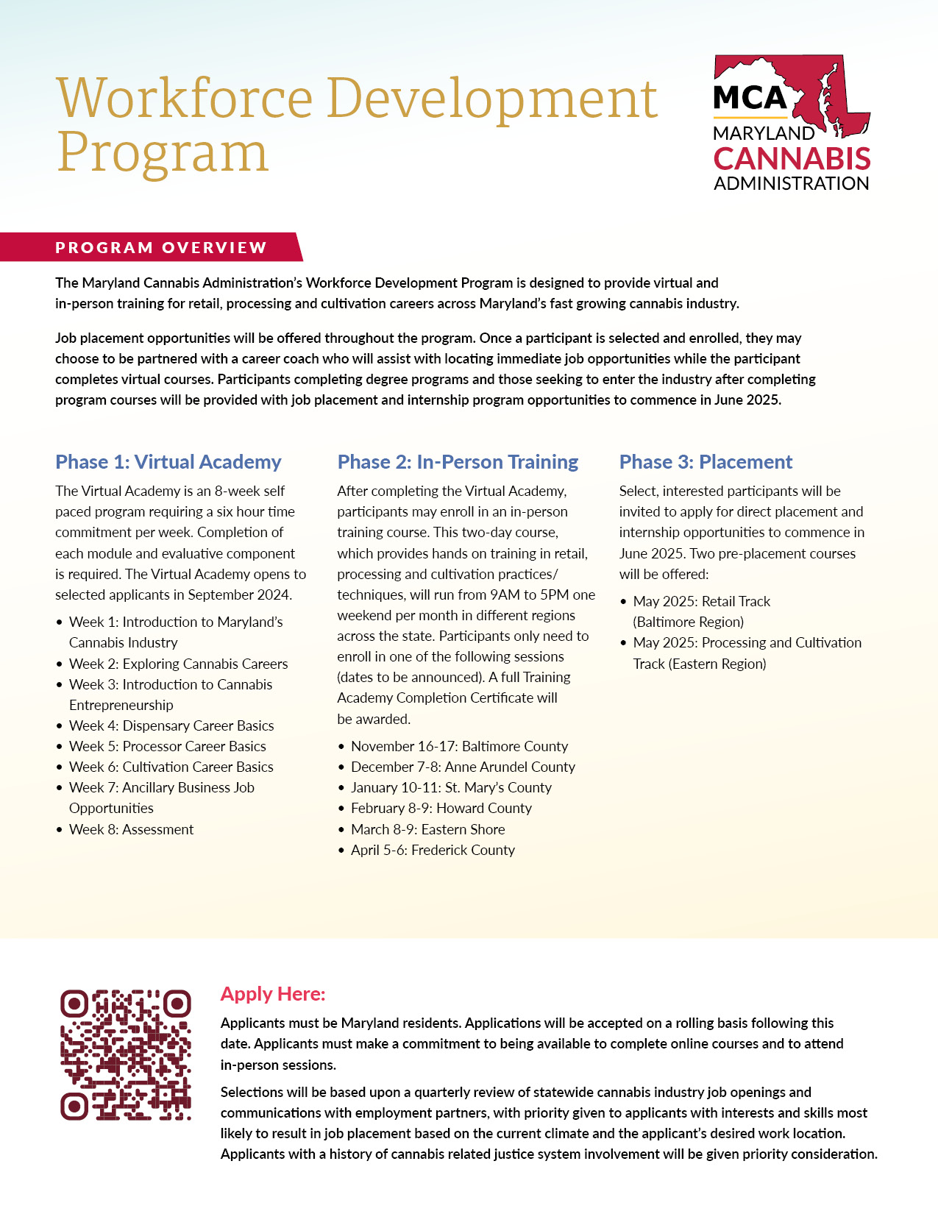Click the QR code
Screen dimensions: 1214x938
pos(126,1055)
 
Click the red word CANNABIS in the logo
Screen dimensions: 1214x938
pos(792,159)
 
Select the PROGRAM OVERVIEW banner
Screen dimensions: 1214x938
pos(161,247)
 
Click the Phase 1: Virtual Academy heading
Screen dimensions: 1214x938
pos(168,462)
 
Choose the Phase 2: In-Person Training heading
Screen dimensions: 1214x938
pos(458,462)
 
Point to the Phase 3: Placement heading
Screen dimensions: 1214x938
pos(706,462)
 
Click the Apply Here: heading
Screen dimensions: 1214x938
pos(273,994)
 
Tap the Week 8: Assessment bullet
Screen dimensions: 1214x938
pos(131,829)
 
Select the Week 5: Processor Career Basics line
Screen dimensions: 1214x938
pos(167,746)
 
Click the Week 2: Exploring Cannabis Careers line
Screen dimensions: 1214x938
pos(178,664)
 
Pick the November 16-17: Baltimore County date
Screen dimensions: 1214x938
pos(459,746)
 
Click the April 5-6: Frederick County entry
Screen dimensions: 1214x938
pos(433,850)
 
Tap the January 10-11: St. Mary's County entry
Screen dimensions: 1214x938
pos(451,787)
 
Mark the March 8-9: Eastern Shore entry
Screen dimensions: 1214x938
pos(427,829)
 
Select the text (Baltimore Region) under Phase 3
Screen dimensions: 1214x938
pos(689,622)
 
